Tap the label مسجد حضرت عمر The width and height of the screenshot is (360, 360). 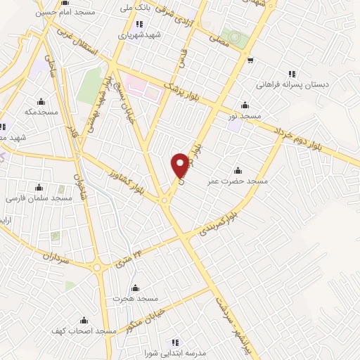(238, 181)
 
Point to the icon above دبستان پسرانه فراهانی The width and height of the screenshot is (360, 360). (292, 73)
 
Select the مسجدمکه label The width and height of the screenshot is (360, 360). (40, 112)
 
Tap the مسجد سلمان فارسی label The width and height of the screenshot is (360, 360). (40, 198)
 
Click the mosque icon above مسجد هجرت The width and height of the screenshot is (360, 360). (134, 288)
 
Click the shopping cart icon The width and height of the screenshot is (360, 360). (250, 60)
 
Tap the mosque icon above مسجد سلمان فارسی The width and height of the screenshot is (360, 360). (39, 187)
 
